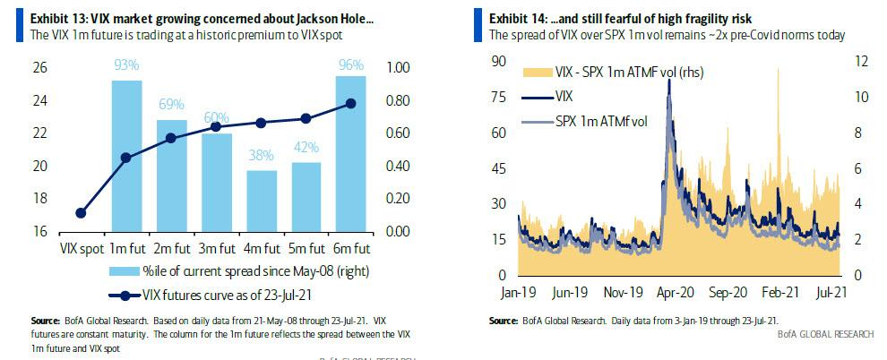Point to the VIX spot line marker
[81, 213]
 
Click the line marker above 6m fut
[350, 104]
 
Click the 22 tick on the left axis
[39, 133]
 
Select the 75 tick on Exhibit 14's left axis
[503, 97]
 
